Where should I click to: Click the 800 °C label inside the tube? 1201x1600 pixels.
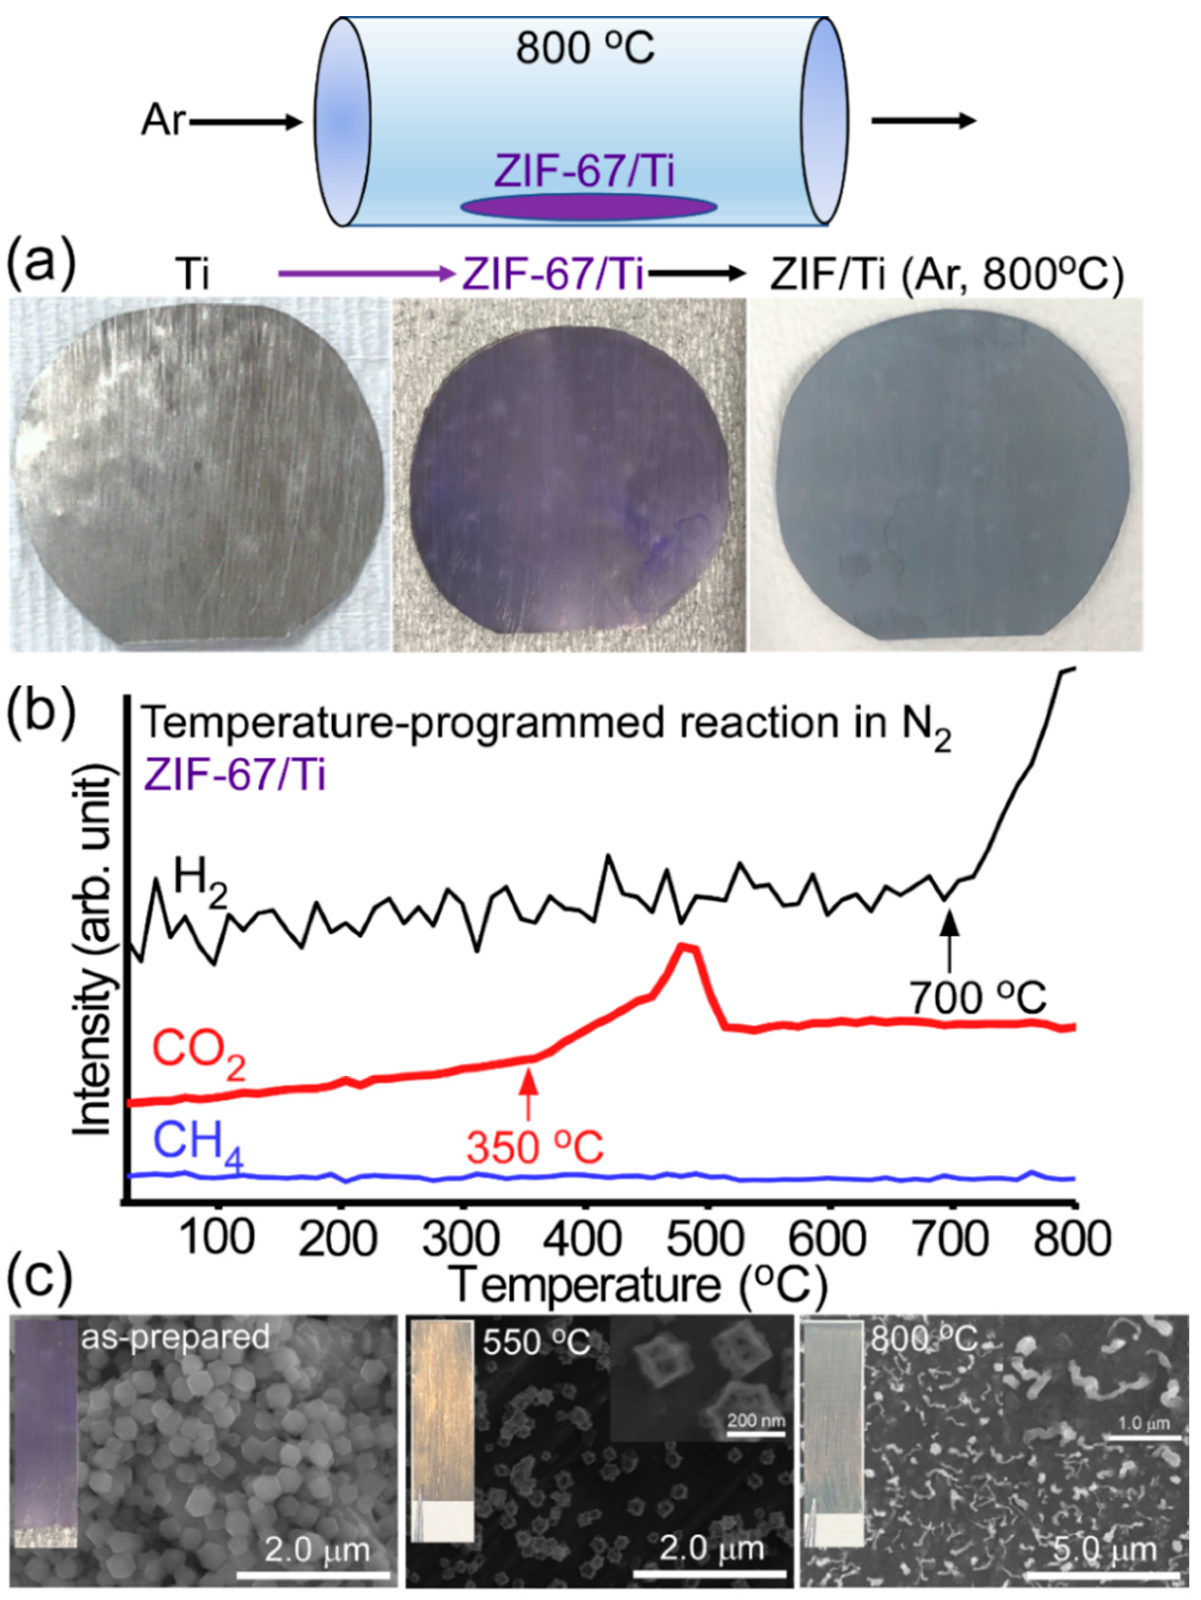pos(585,49)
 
